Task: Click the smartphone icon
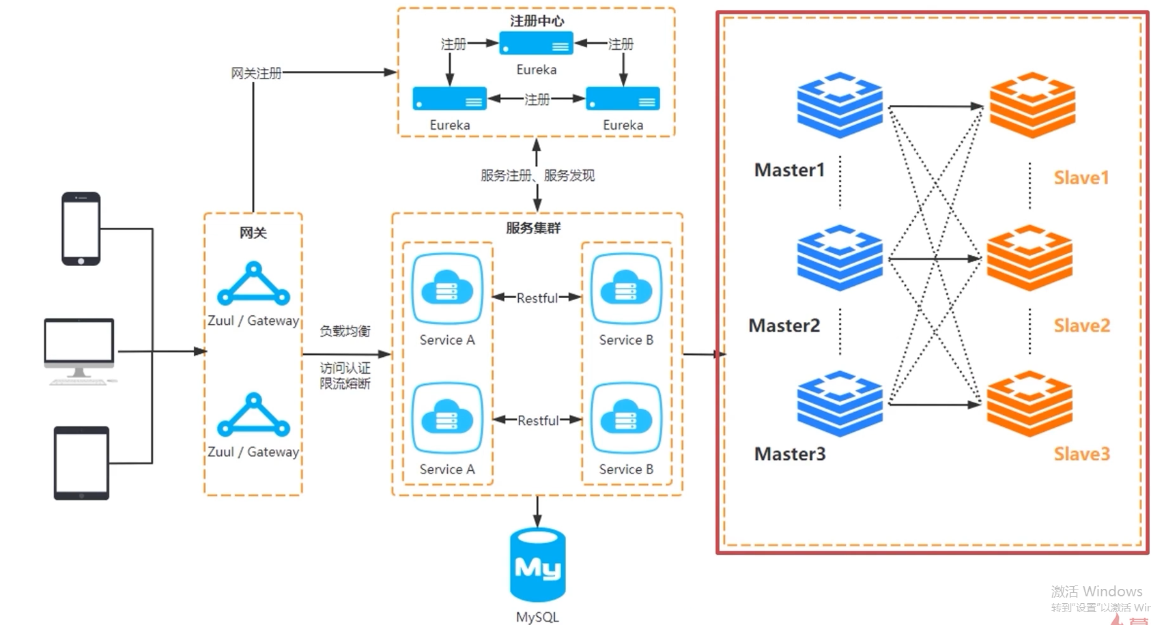(x=81, y=229)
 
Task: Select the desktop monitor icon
(x=79, y=350)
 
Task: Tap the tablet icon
(x=81, y=463)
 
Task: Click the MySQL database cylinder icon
(x=538, y=565)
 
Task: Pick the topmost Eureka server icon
(x=536, y=44)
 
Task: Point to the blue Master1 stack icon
(x=840, y=105)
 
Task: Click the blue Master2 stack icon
(x=840, y=258)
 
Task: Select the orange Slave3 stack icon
(x=1030, y=404)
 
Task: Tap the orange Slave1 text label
(x=1081, y=178)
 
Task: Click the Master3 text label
(x=790, y=454)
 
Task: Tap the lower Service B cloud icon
(x=626, y=419)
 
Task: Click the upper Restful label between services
(x=537, y=298)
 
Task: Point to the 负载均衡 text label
(x=345, y=332)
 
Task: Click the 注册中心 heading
(x=537, y=21)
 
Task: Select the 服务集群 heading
(x=533, y=228)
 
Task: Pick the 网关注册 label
(x=256, y=73)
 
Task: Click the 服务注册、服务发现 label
(x=537, y=176)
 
